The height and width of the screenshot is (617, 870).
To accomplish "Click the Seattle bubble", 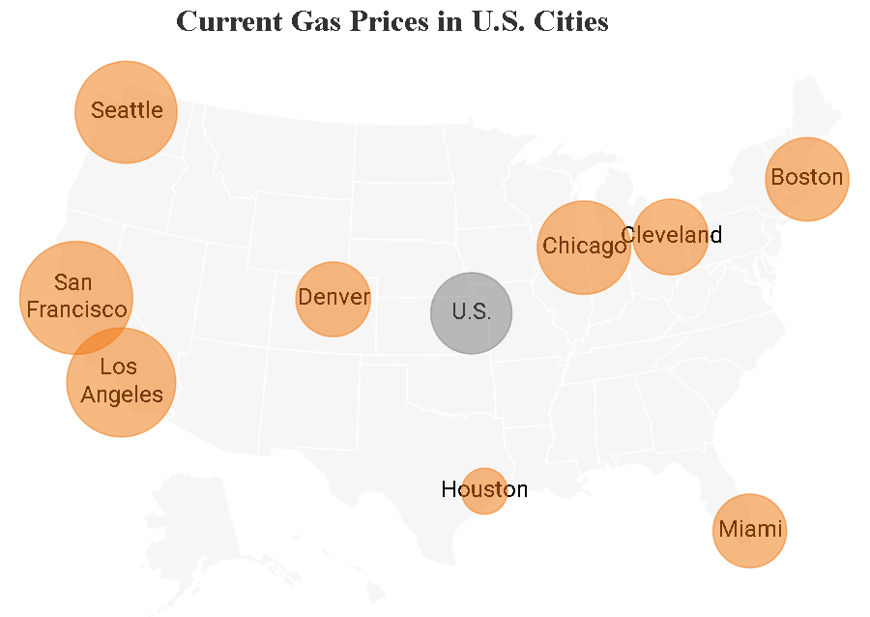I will tap(126, 111).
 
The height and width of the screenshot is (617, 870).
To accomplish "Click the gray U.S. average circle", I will tap(471, 312).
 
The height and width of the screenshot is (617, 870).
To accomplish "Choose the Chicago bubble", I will tap(584, 247).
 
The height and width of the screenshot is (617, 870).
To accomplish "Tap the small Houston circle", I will tap(484, 490).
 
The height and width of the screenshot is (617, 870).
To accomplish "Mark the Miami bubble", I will tap(749, 530).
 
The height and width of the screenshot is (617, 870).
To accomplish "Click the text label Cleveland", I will tap(671, 234).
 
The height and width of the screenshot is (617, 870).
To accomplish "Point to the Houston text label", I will tap(484, 489).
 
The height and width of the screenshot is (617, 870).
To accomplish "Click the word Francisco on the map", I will tap(76, 309).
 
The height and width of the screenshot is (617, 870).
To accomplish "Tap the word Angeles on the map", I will tap(122, 394).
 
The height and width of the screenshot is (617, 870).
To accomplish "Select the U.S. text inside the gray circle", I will tap(471, 312).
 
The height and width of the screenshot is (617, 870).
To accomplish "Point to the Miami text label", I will tap(749, 530).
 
